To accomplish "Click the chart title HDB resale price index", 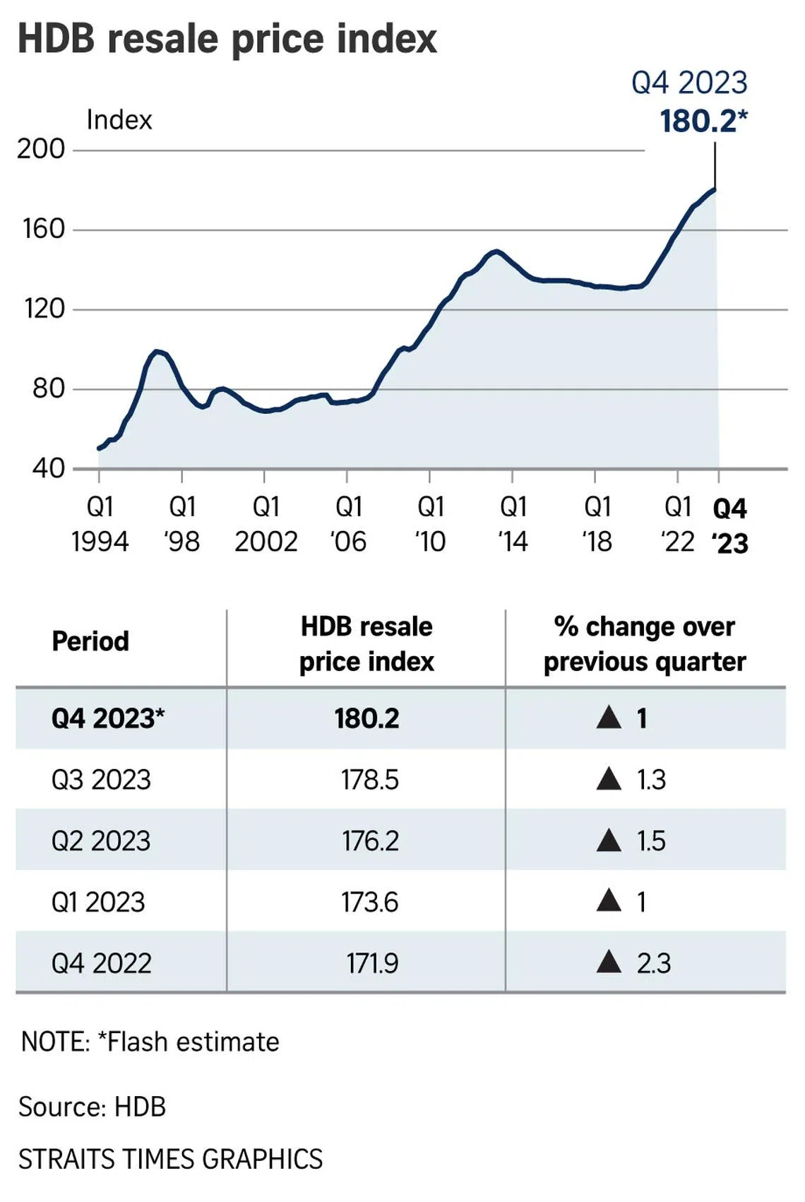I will pyautogui.click(x=227, y=38).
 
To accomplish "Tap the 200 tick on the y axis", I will pyautogui.click(x=41, y=149).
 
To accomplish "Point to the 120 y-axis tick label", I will pyautogui.click(x=44, y=309).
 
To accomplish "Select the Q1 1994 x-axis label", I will pyautogui.click(x=100, y=524).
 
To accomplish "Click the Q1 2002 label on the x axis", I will pyautogui.click(x=266, y=524).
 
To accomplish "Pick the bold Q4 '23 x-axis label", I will pyautogui.click(x=729, y=525).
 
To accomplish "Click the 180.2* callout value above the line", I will pyautogui.click(x=703, y=121).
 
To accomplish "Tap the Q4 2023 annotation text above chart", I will pyautogui.click(x=689, y=83).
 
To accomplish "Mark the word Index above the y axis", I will pyautogui.click(x=119, y=120).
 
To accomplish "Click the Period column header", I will pyautogui.click(x=90, y=641).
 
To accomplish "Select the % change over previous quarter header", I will pyautogui.click(x=644, y=644).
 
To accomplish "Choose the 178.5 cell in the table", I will pyautogui.click(x=369, y=780).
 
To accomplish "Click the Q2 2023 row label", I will pyautogui.click(x=101, y=841).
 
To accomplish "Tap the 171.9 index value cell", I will pyautogui.click(x=371, y=963).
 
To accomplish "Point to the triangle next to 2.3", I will pyautogui.click(x=609, y=962).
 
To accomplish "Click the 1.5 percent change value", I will pyautogui.click(x=651, y=841).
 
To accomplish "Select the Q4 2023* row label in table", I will pyautogui.click(x=107, y=719).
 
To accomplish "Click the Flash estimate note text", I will pyautogui.click(x=150, y=1042).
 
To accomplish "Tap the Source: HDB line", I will pyautogui.click(x=92, y=1107).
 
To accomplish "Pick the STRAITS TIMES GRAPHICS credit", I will pyautogui.click(x=170, y=1159).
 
